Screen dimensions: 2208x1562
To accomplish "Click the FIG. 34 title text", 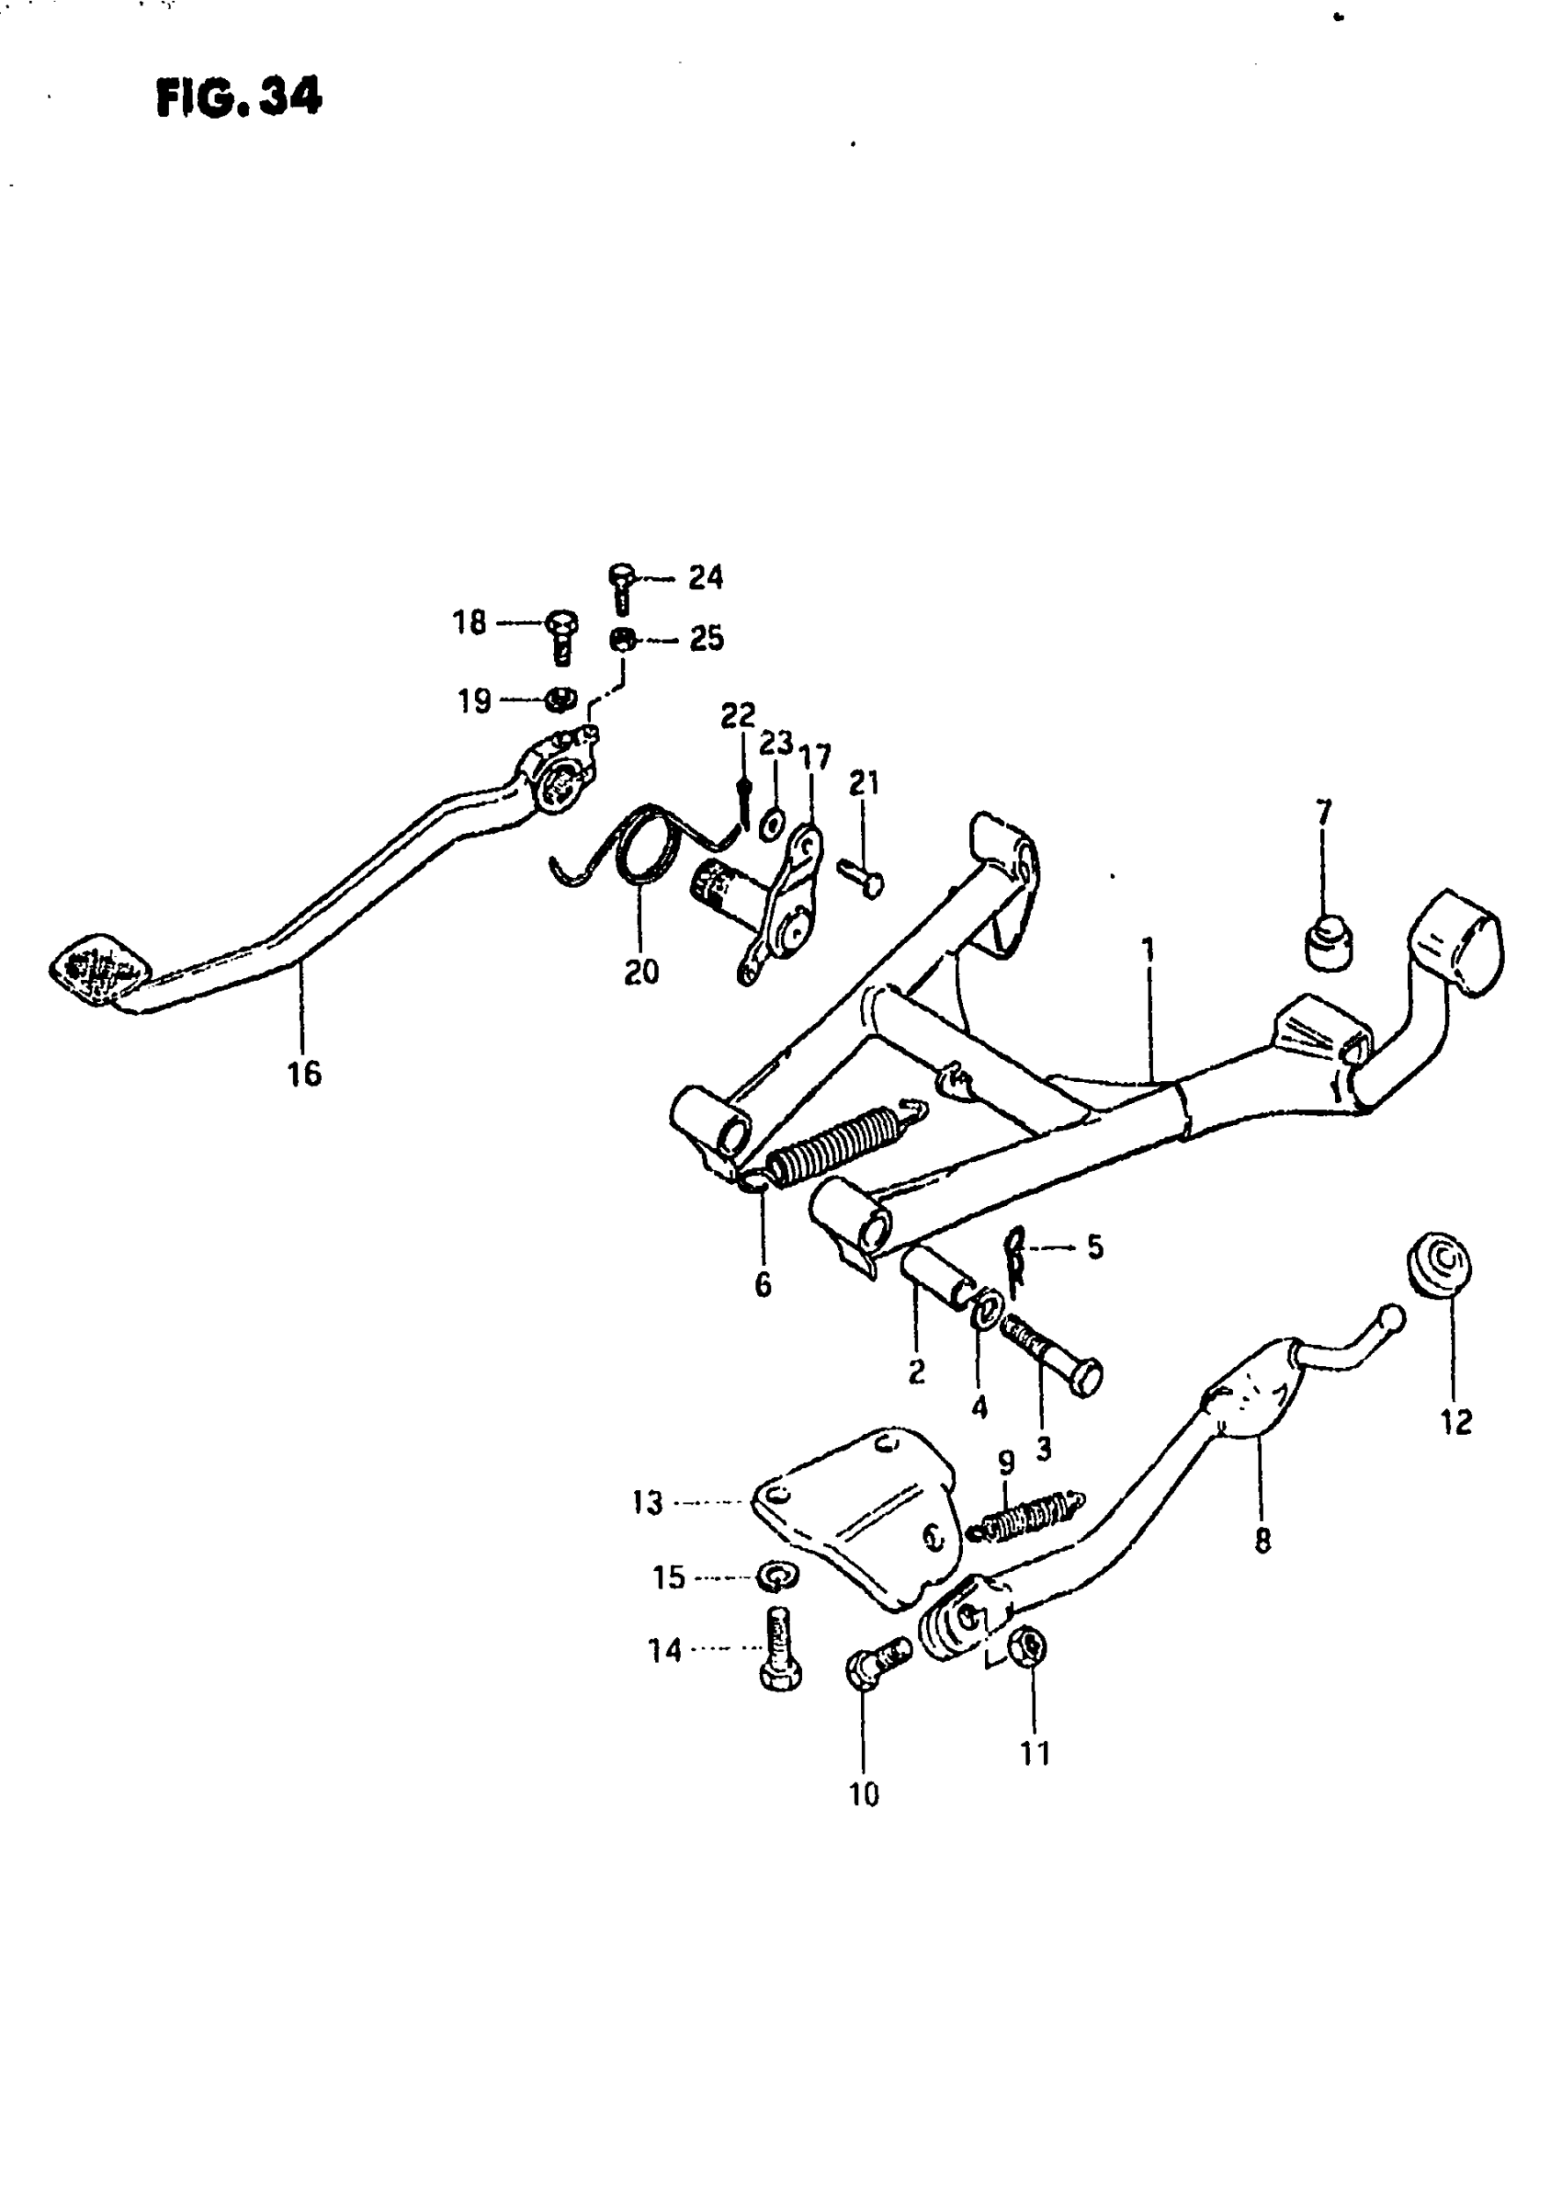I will coord(239,97).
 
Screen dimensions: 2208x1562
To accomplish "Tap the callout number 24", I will coord(705,577).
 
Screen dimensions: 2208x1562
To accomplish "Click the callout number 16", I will coord(304,1074).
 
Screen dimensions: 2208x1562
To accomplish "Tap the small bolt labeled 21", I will coord(861,878).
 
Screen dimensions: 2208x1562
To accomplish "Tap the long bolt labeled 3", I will coord(1051,1358).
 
